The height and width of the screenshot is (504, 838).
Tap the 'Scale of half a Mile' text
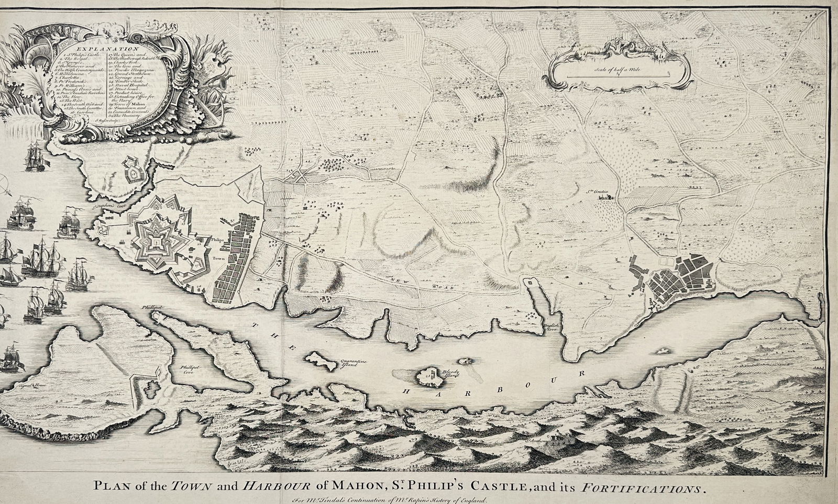618,66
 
